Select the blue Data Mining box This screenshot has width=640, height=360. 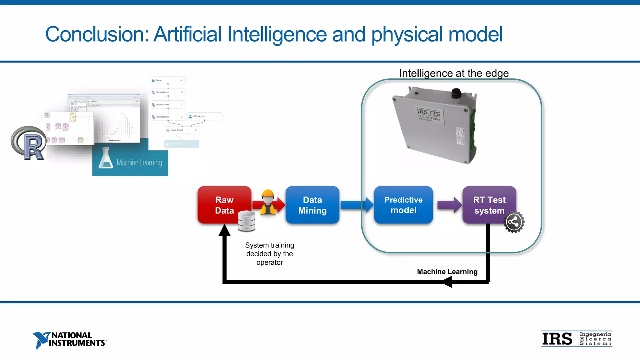tap(312, 205)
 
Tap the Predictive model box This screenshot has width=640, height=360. tap(403, 205)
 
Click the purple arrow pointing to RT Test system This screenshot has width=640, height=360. tap(449, 205)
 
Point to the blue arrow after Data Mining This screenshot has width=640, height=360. tap(356, 205)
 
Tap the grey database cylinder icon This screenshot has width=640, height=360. tap(246, 221)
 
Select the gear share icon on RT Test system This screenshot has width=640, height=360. tap(514, 222)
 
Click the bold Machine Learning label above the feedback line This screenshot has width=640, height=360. tap(447, 272)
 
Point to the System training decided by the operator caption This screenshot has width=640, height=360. tap(269, 254)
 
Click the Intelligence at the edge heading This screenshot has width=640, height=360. tap(454, 73)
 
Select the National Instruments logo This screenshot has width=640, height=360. tap(69, 340)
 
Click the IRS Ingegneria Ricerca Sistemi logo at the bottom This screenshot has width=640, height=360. tap(577, 339)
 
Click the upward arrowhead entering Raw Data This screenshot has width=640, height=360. tap(224, 230)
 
